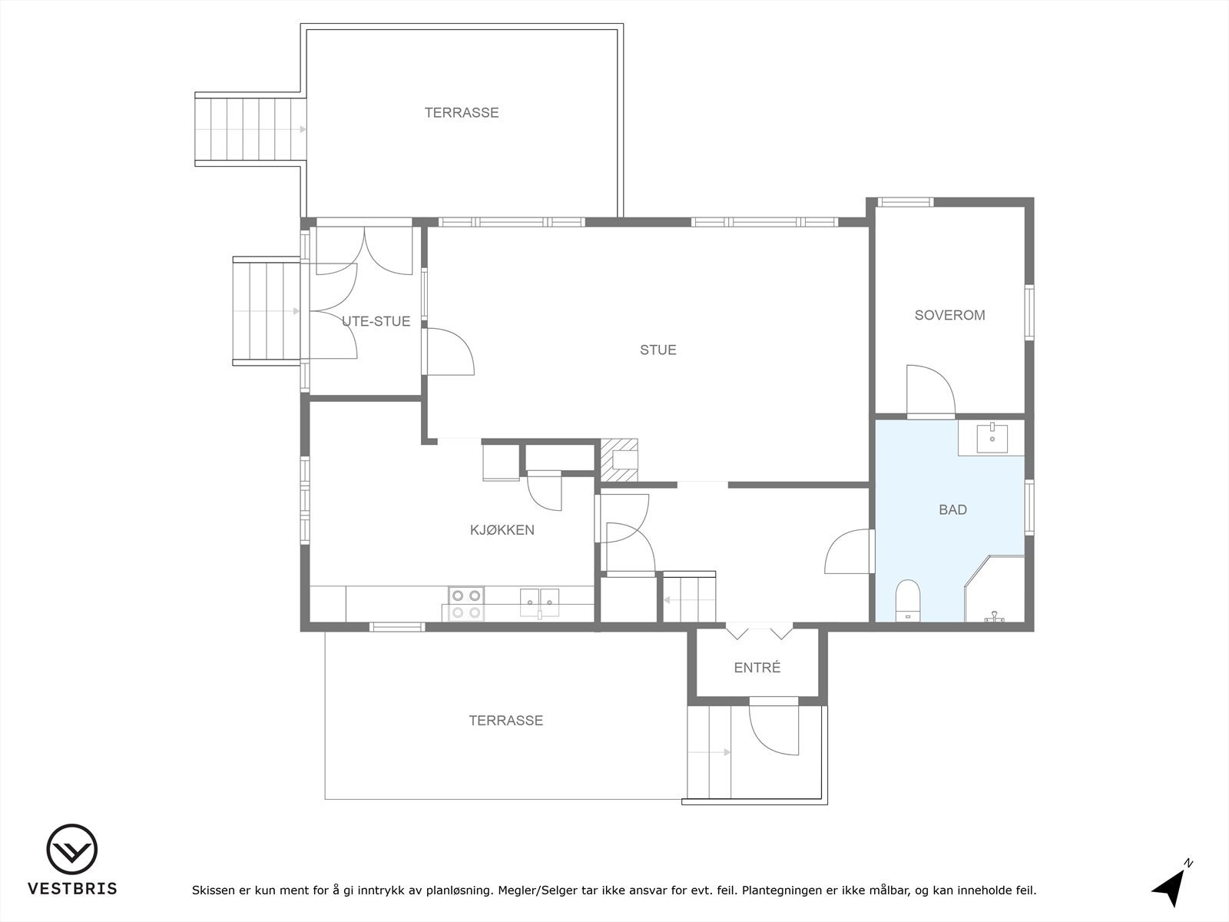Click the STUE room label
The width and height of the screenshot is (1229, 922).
658,350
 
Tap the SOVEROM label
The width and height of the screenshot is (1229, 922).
949,315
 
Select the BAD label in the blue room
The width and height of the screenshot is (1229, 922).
952,509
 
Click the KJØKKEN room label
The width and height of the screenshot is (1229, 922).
502,530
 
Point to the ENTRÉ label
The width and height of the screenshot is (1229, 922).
757,668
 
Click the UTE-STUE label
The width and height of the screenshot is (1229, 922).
376,321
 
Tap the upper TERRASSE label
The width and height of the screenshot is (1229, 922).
462,113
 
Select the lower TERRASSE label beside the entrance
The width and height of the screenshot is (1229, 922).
505,721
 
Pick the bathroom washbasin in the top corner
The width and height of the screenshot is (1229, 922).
992,438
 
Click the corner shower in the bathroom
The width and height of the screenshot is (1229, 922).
999,592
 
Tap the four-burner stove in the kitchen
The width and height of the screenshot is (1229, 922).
466,603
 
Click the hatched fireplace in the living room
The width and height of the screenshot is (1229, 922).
619,459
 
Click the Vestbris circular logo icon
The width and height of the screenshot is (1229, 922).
72,850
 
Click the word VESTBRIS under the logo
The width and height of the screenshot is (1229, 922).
72,889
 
